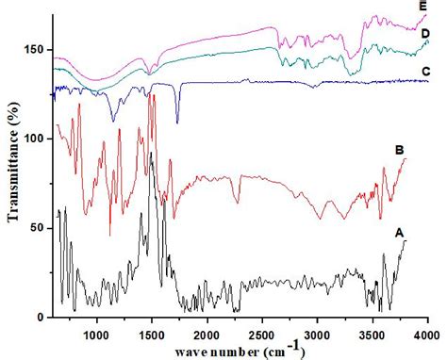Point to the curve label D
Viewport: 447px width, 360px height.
[425, 34]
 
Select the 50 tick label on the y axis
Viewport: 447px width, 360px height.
[38, 228]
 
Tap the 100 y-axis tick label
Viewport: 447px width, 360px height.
[35, 139]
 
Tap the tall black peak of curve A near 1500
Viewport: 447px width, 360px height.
[151, 155]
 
